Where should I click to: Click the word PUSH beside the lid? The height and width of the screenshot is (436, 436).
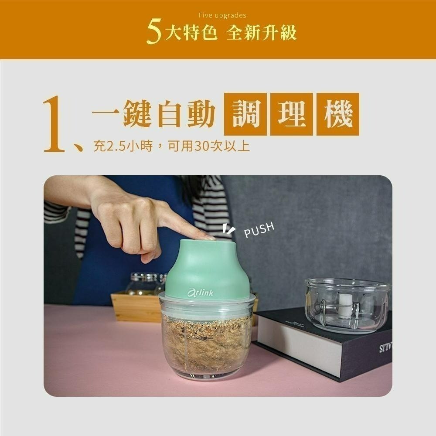pyautogui.click(x=259, y=230)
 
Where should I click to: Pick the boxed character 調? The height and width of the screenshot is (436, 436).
pyautogui.click(x=245, y=114)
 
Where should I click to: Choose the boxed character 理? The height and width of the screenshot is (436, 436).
pyautogui.click(x=291, y=114)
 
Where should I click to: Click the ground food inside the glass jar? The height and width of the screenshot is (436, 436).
pyautogui.click(x=205, y=349)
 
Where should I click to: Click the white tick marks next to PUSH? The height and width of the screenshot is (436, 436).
pyautogui.click(x=228, y=229)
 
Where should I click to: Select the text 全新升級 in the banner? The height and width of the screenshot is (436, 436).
pyautogui.click(x=261, y=33)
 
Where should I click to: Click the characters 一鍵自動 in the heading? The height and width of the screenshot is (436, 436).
pyautogui.click(x=153, y=114)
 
